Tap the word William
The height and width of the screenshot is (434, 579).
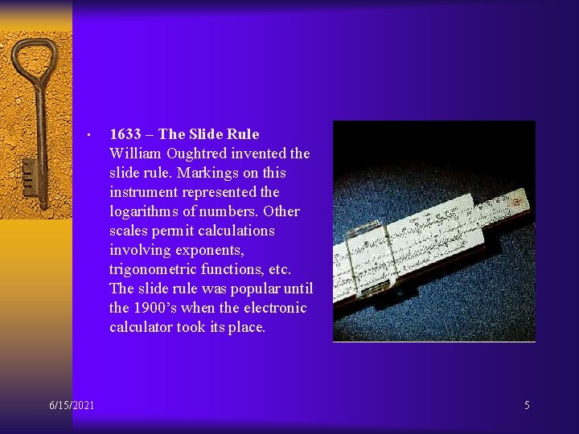[134, 154]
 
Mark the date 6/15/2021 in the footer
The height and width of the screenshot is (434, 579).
[71, 405]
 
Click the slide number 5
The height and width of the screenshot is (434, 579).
[527, 405]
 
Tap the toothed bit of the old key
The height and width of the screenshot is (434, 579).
[29, 174]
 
